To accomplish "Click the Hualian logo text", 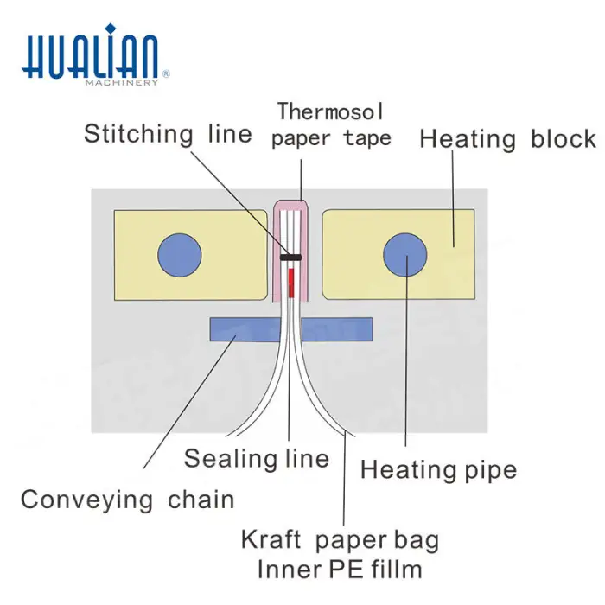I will click(90, 57).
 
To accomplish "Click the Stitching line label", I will click(168, 135).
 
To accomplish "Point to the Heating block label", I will click(507, 139).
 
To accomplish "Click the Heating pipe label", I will click(438, 470).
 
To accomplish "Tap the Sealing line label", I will click(257, 458).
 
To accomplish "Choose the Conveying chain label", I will click(127, 500).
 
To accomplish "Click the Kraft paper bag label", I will click(340, 541).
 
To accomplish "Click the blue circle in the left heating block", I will click(180, 255).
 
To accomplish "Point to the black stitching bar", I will click(290, 258).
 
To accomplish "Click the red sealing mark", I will click(291, 279).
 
